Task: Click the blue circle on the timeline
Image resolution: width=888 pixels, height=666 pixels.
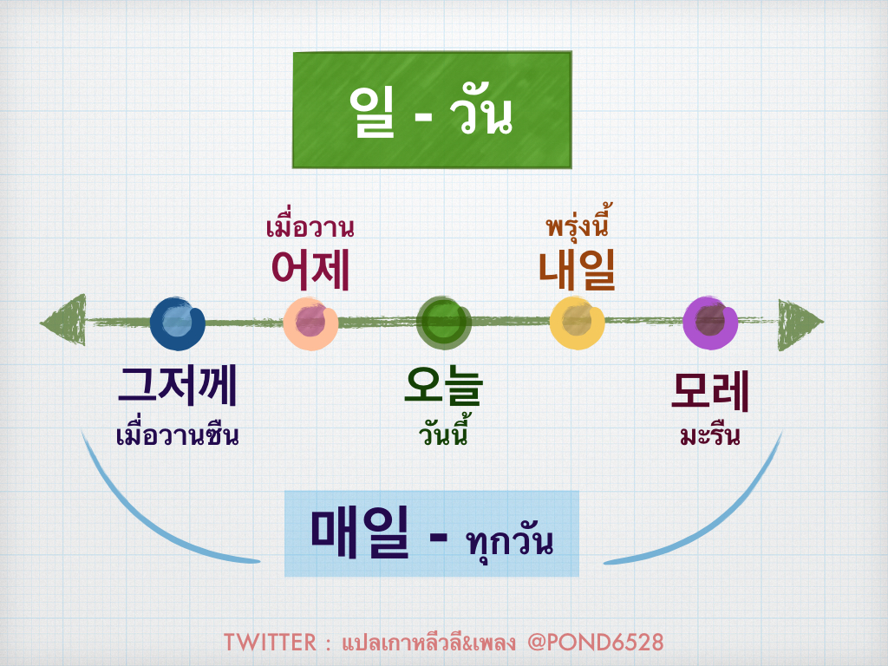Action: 177,323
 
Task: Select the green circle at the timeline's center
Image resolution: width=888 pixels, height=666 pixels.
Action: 444,323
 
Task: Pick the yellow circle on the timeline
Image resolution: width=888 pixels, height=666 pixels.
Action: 577,323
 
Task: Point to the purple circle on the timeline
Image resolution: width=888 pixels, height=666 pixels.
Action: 710,323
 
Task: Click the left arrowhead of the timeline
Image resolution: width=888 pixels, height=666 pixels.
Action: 65,323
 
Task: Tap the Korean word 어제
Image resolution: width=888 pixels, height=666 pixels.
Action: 310,270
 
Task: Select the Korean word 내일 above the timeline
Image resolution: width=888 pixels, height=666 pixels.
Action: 577,270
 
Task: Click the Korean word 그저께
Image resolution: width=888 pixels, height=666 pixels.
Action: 178,388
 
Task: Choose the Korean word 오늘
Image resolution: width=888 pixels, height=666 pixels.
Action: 443,388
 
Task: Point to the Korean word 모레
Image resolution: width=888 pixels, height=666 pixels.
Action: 710,390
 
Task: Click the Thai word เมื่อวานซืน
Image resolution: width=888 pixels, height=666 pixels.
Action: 177,433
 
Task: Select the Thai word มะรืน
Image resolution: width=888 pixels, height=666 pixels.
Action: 709,434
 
